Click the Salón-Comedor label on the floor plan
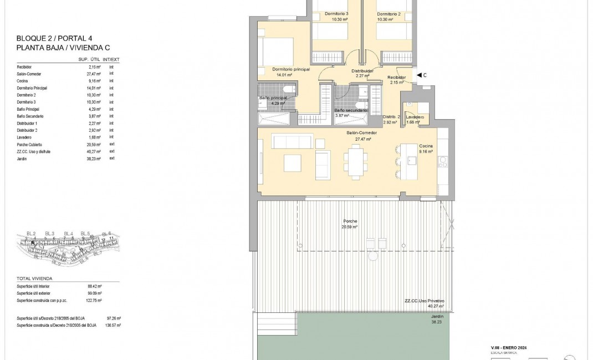[362, 133]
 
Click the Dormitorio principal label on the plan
[291, 69]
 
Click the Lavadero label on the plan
[415, 117]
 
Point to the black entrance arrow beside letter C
[418, 75]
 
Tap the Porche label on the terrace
[350, 221]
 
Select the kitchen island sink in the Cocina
[412, 161]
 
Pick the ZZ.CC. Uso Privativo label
[424, 301]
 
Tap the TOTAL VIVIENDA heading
[34, 278]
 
